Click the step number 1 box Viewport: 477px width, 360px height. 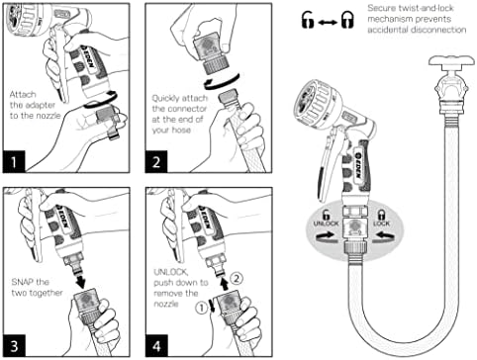pyautogui.click(x=14, y=161)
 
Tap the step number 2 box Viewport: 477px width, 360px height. pyautogui.click(x=156, y=161)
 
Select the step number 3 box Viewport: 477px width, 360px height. pyautogui.click(x=14, y=346)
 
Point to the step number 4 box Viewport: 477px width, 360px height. pyautogui.click(x=156, y=346)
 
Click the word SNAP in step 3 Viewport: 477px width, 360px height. pyautogui.click(x=23, y=282)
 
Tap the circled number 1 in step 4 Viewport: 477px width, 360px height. pyautogui.click(x=201, y=308)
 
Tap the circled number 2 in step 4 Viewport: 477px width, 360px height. pyautogui.click(x=237, y=279)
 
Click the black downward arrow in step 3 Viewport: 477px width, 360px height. pyautogui.click(x=79, y=281)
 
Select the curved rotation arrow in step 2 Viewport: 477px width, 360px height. pyautogui.click(x=221, y=83)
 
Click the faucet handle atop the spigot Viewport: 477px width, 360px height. pyautogui.click(x=452, y=61)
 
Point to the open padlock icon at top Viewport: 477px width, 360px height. pyautogui.click(x=308, y=20)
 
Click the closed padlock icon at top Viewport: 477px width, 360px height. pyautogui.click(x=347, y=20)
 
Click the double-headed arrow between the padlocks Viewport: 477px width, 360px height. pyautogui.click(x=328, y=23)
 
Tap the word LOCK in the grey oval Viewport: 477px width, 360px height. pyautogui.click(x=381, y=224)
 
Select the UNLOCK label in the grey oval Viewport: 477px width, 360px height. pyautogui.click(x=326, y=224)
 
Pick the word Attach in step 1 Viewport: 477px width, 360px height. pyautogui.click(x=23, y=95)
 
